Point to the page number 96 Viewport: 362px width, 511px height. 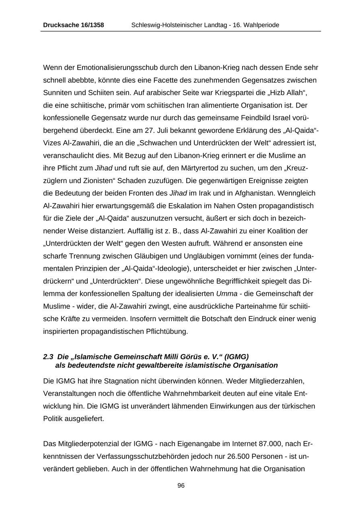[x=181, y=486]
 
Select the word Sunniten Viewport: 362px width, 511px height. [x=57, y=93]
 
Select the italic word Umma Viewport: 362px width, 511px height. [x=226, y=294]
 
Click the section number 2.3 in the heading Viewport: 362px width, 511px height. [x=48, y=356]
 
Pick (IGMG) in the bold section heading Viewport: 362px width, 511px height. [x=235, y=356]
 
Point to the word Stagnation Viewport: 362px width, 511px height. [x=108, y=381]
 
